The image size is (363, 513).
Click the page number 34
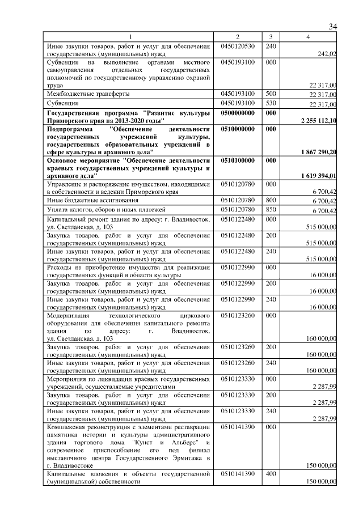tap(333, 27)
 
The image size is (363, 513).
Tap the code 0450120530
tap(237, 45)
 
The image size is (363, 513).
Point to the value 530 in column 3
tap(271, 104)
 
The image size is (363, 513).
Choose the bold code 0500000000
tap(237, 113)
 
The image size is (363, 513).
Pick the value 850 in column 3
tap(271, 210)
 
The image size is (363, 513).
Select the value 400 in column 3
tap(271, 473)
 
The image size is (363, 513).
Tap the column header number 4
tap(308, 37)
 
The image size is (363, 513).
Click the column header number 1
tap(129, 37)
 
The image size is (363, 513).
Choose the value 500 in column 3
tap(271, 93)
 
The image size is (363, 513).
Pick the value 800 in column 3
tap(271, 200)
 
